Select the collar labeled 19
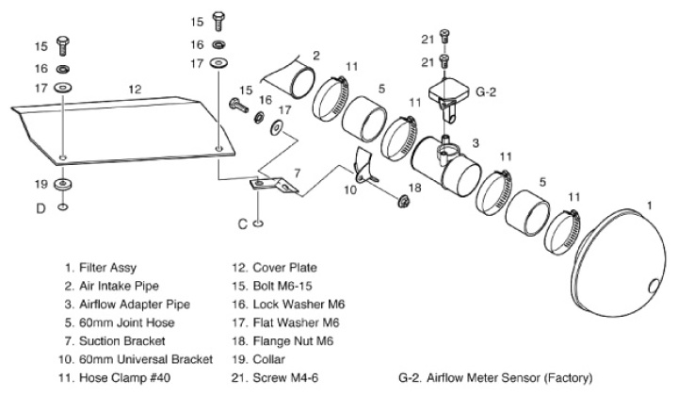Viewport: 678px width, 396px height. coord(62,183)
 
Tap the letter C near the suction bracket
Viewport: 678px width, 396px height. coord(242,223)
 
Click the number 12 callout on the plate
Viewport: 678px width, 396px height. coord(135,88)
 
